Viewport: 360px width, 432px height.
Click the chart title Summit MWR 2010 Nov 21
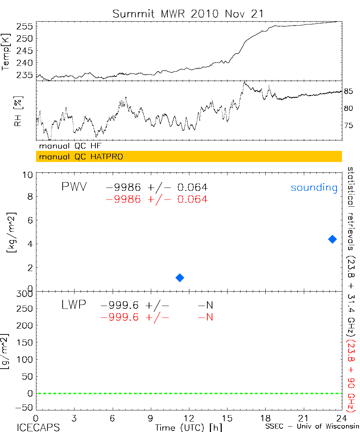pyautogui.click(x=188, y=14)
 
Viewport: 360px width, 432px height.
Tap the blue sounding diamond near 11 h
pyautogui.click(x=180, y=278)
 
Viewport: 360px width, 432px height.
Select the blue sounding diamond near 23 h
pyautogui.click(x=332, y=239)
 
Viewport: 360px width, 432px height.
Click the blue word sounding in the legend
pyautogui.click(x=314, y=188)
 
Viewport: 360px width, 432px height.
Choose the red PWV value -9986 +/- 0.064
pyautogui.click(x=157, y=199)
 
